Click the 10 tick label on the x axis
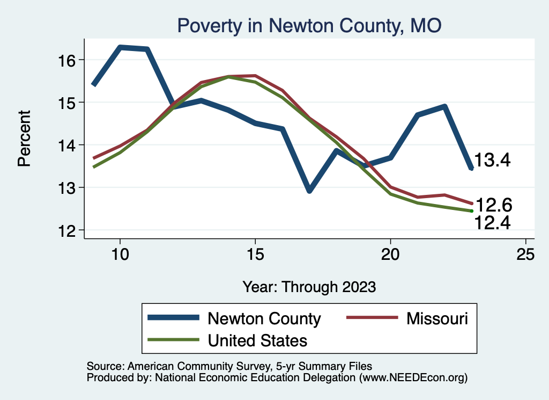[120, 254]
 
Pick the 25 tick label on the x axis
[526, 254]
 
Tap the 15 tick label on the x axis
[255, 254]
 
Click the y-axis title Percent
[24, 139]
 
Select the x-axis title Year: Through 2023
[309, 286]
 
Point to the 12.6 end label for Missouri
[494, 205]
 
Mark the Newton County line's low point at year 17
[309, 191]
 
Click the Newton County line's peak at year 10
[120, 47]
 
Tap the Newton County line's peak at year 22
[444, 106]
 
